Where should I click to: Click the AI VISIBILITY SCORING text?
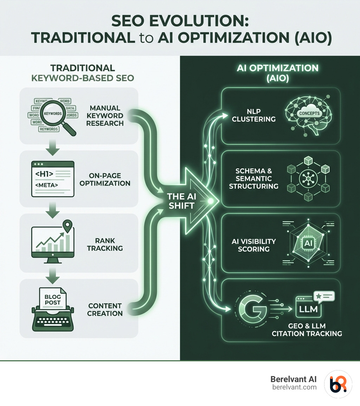click(253, 245)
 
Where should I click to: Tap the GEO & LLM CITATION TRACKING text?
click(307, 329)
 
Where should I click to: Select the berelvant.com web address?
click(295, 387)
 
